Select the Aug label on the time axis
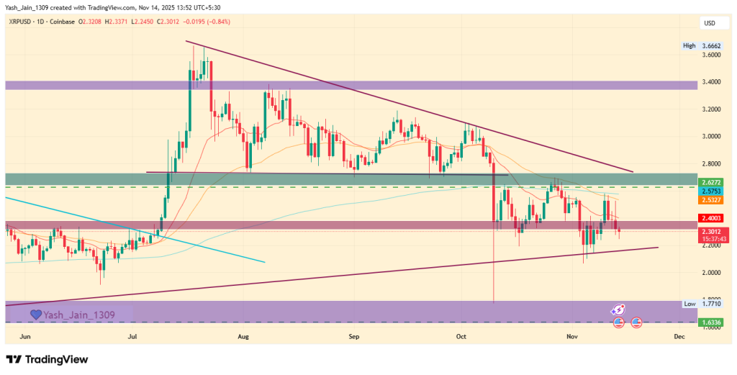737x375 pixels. (x=243, y=336)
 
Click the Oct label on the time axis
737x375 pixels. (x=461, y=336)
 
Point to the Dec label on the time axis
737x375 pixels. (x=678, y=336)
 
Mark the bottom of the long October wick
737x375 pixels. (x=494, y=302)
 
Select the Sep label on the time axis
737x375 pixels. (x=353, y=336)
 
